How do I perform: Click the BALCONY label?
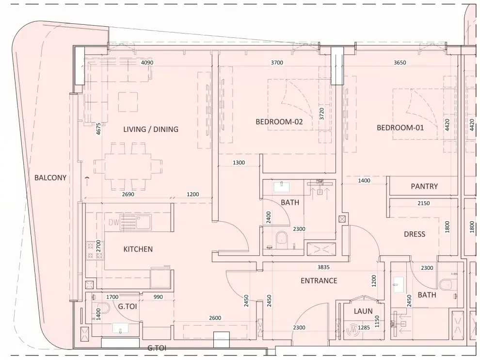50,178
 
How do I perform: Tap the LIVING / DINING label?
151,129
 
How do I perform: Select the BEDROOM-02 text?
279,122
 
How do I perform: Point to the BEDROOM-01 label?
400,128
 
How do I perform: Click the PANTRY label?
424,186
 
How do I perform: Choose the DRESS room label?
415,234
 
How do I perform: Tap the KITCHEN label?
138,249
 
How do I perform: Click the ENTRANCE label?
319,280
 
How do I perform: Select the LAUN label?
363,311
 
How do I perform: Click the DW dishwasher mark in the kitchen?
113,222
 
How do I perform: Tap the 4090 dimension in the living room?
147,63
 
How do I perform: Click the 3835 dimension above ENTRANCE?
323,267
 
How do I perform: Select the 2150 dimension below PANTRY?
424,203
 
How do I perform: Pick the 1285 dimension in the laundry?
364,327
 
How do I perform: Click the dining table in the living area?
128,166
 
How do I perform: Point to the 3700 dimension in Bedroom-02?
277,63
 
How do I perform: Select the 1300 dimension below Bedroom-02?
239,163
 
